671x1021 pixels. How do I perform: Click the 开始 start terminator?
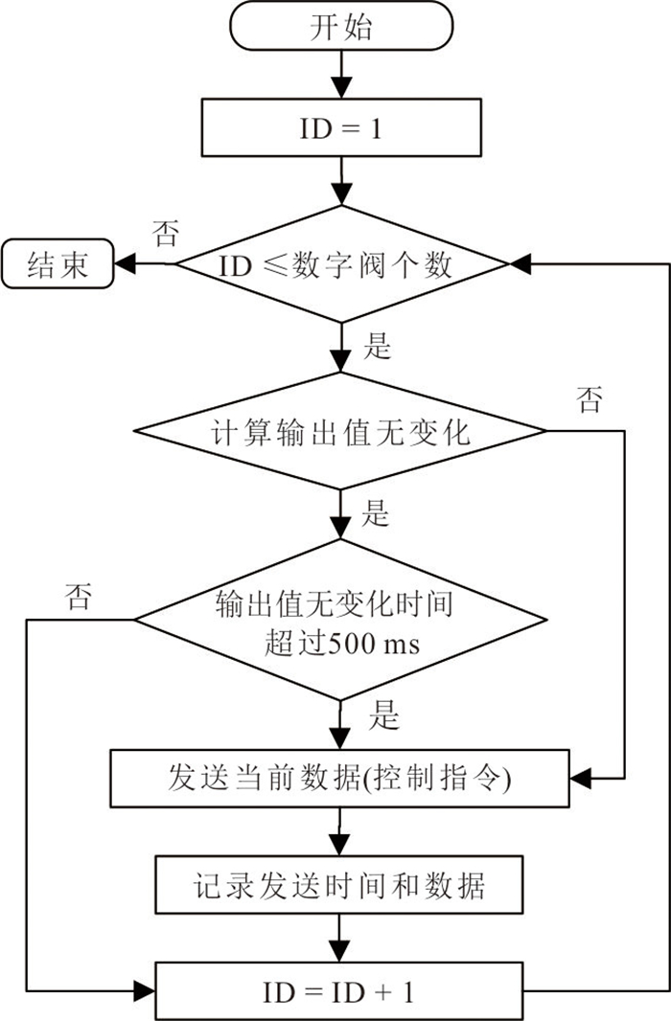click(x=340, y=26)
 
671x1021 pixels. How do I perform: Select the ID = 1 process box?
click(x=341, y=127)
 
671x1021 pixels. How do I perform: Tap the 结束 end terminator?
click(x=58, y=263)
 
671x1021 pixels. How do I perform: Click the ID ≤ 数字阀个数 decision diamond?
click(x=341, y=263)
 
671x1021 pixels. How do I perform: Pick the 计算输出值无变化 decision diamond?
click(x=340, y=430)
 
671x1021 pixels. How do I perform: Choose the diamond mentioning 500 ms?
click(x=340, y=620)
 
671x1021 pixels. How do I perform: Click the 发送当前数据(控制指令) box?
click(x=339, y=779)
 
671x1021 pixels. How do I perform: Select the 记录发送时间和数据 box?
click(x=338, y=884)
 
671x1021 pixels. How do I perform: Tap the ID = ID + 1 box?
click(x=338, y=991)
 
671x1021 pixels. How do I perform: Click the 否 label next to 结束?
click(x=166, y=233)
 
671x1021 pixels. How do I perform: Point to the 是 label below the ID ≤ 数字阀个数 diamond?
click(x=377, y=346)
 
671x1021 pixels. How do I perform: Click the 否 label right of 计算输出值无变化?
click(x=590, y=399)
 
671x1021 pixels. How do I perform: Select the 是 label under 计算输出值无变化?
click(x=375, y=513)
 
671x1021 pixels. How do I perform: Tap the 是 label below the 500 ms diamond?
click(x=383, y=715)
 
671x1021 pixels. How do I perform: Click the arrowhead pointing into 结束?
click(x=125, y=263)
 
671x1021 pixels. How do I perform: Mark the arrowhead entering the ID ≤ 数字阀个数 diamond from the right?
click(x=521, y=263)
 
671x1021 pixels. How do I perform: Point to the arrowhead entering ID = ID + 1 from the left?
click(x=144, y=991)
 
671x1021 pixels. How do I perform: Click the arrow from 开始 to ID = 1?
click(x=340, y=75)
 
